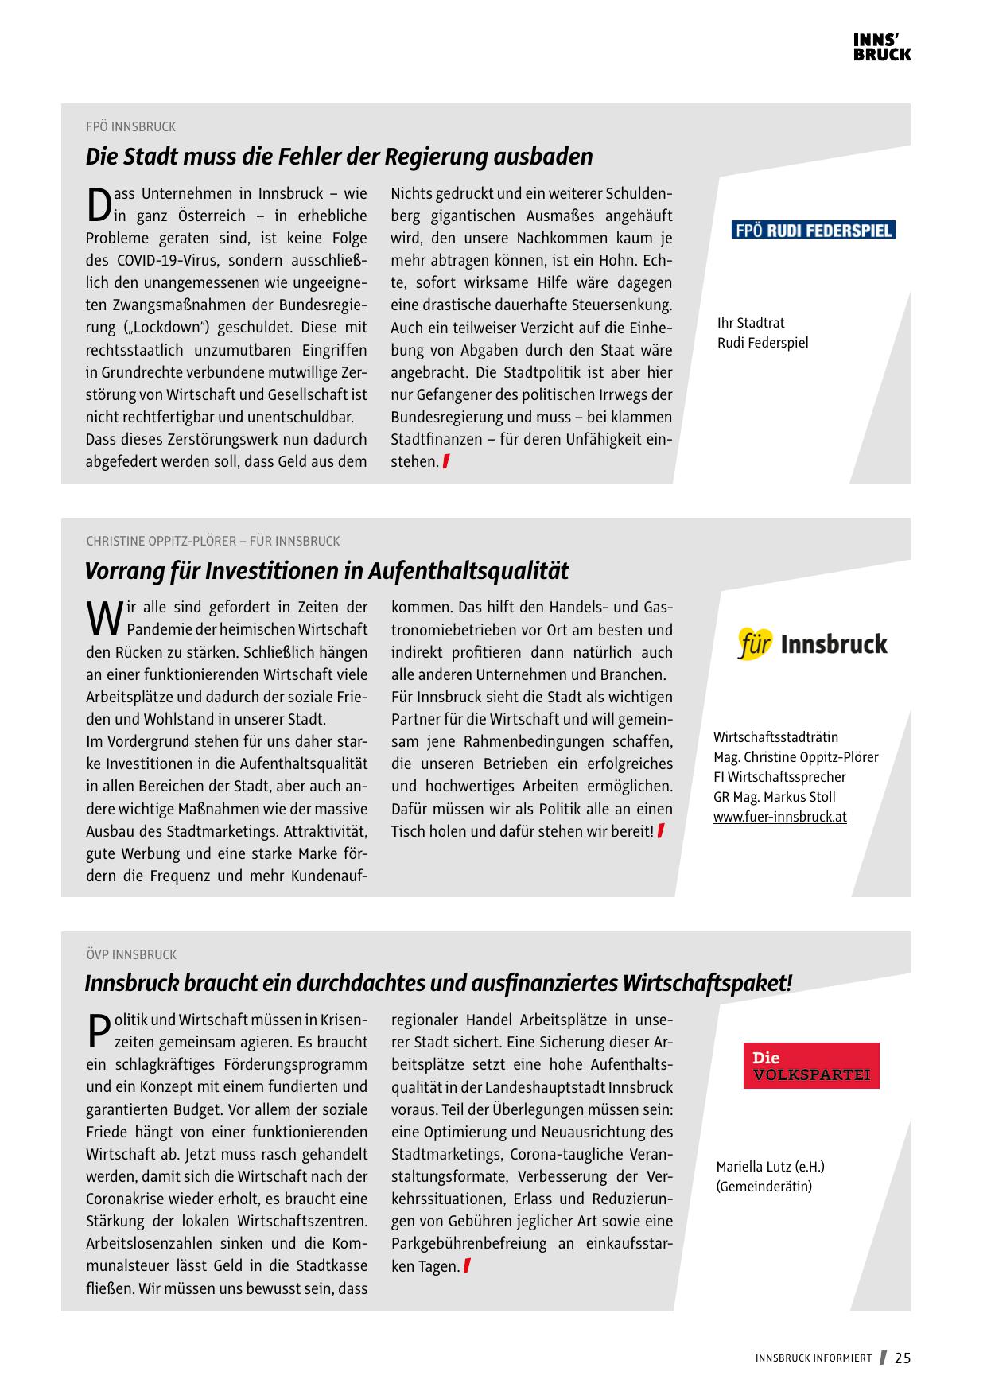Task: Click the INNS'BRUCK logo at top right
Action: (882, 48)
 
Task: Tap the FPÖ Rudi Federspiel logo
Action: (813, 231)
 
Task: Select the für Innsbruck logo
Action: (812, 643)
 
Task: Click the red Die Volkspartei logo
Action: (811, 1066)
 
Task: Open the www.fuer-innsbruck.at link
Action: (779, 817)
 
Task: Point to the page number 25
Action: (903, 1358)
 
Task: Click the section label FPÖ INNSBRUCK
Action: (130, 127)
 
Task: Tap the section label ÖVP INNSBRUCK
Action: (131, 954)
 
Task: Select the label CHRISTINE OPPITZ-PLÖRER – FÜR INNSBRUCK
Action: (212, 542)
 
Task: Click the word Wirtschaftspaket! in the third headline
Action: (707, 984)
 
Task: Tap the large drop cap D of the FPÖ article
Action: (98, 204)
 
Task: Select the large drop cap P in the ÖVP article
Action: (97, 1032)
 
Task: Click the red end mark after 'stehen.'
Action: (447, 461)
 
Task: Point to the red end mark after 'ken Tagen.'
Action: (467, 1266)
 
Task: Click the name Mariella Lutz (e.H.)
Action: (770, 1167)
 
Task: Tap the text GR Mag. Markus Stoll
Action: (774, 797)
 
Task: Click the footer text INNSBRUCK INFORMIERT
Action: (814, 1358)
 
